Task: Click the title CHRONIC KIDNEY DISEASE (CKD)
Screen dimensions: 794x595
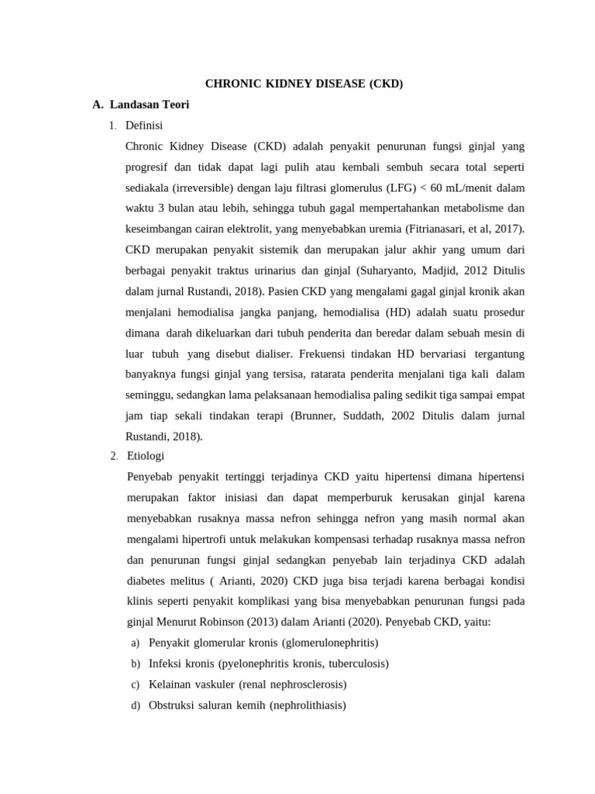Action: point(304,84)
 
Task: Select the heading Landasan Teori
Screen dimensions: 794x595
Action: point(150,104)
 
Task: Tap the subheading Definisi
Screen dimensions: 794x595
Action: point(144,125)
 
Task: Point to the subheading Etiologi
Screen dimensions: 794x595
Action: point(145,455)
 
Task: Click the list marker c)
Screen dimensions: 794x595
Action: point(136,685)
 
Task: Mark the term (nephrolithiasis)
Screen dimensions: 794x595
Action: point(308,706)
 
